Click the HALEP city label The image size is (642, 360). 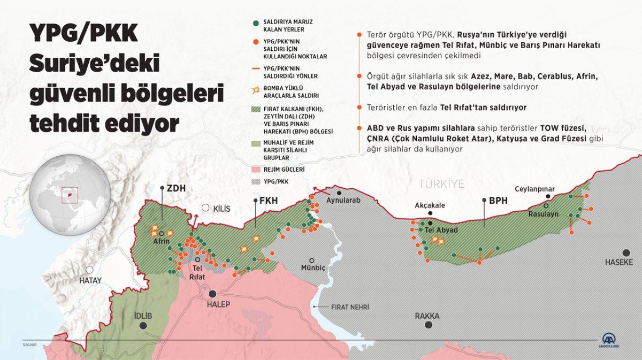click(x=218, y=304)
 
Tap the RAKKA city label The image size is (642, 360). click(x=427, y=316)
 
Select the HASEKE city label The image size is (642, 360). click(x=619, y=262)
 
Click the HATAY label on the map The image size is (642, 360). click(x=90, y=280)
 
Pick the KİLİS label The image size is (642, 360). click(x=221, y=209)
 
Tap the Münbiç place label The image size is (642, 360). click(x=313, y=267)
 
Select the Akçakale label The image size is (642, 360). click(x=430, y=205)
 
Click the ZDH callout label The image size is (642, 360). click(x=176, y=188)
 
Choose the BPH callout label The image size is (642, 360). click(x=498, y=201)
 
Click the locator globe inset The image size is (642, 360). click(x=70, y=193)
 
